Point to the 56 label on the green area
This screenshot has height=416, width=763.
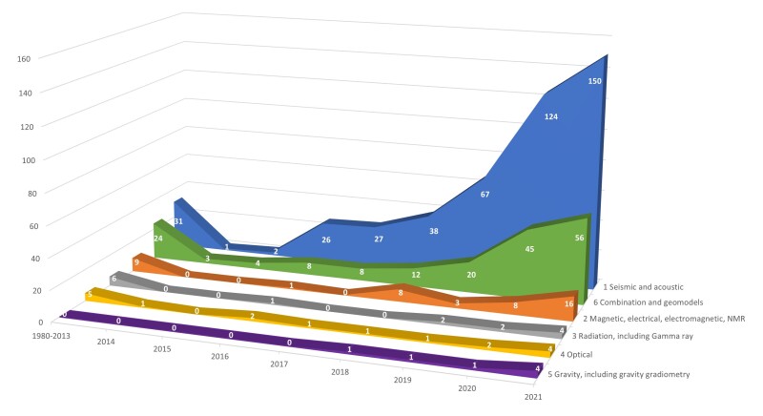point(576,238)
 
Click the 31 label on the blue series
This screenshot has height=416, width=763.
point(177,222)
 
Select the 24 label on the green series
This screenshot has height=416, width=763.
point(157,238)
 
